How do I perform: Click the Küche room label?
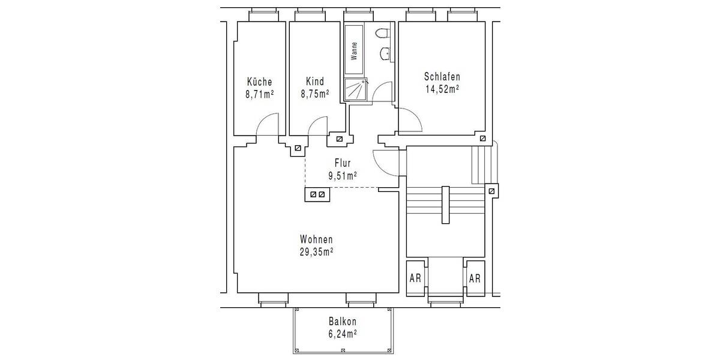[259, 82]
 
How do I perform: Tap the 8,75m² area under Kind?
[314, 94]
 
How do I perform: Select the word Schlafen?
[442, 77]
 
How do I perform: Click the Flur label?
[343, 163]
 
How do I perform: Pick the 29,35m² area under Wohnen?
[316, 251]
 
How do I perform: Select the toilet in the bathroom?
[382, 34]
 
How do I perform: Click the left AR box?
[415, 278]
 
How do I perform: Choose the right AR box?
[475, 278]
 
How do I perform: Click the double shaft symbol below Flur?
[316, 194]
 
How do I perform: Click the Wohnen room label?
[316, 239]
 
